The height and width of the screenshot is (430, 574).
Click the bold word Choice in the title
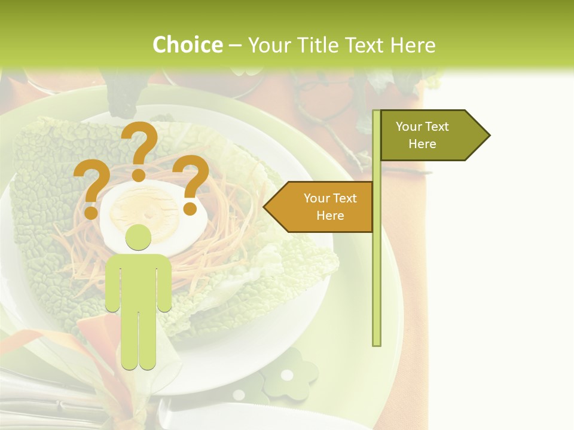(x=187, y=45)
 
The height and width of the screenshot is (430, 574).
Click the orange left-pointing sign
(x=320, y=207)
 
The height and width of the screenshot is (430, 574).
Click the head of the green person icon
(x=138, y=237)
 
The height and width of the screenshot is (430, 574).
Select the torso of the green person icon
(x=138, y=281)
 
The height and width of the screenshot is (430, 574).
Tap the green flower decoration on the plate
(x=289, y=373)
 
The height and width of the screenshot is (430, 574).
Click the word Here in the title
(x=413, y=45)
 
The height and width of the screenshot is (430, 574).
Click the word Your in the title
(x=268, y=45)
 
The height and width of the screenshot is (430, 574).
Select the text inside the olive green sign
(x=422, y=136)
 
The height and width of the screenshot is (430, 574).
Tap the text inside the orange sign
(x=330, y=207)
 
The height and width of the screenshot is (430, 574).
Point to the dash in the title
(x=235, y=45)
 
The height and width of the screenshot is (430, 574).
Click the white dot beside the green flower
(x=239, y=395)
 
